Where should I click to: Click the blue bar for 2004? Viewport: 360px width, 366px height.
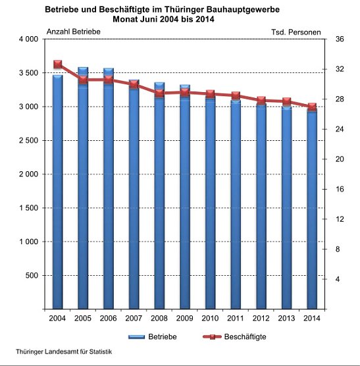[57, 197]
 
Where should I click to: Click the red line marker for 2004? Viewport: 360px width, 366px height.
[57, 65]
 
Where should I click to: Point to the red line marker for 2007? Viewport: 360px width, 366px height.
[134, 84]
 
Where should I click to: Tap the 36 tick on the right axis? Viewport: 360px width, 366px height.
[340, 39]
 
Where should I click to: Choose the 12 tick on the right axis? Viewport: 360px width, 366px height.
[340, 219]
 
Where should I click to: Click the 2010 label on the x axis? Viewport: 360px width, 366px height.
[210, 319]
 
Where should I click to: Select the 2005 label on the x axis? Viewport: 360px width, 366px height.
[83, 319]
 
